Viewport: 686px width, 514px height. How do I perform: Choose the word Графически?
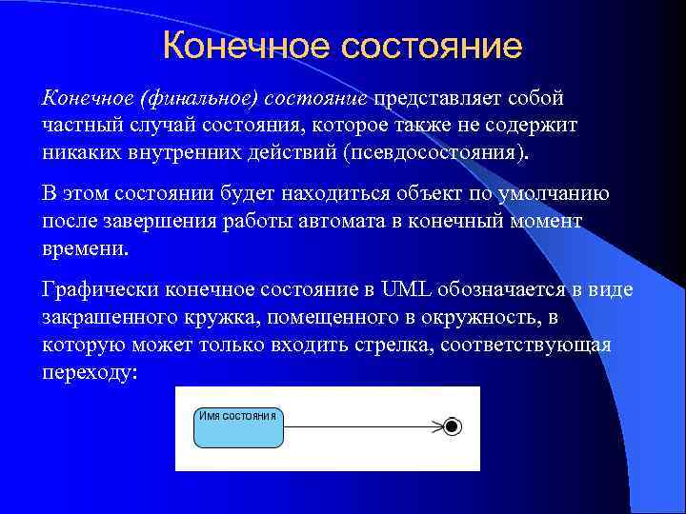point(101,289)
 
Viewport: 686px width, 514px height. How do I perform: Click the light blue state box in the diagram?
point(239,433)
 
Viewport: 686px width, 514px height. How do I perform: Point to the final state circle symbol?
point(453,426)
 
